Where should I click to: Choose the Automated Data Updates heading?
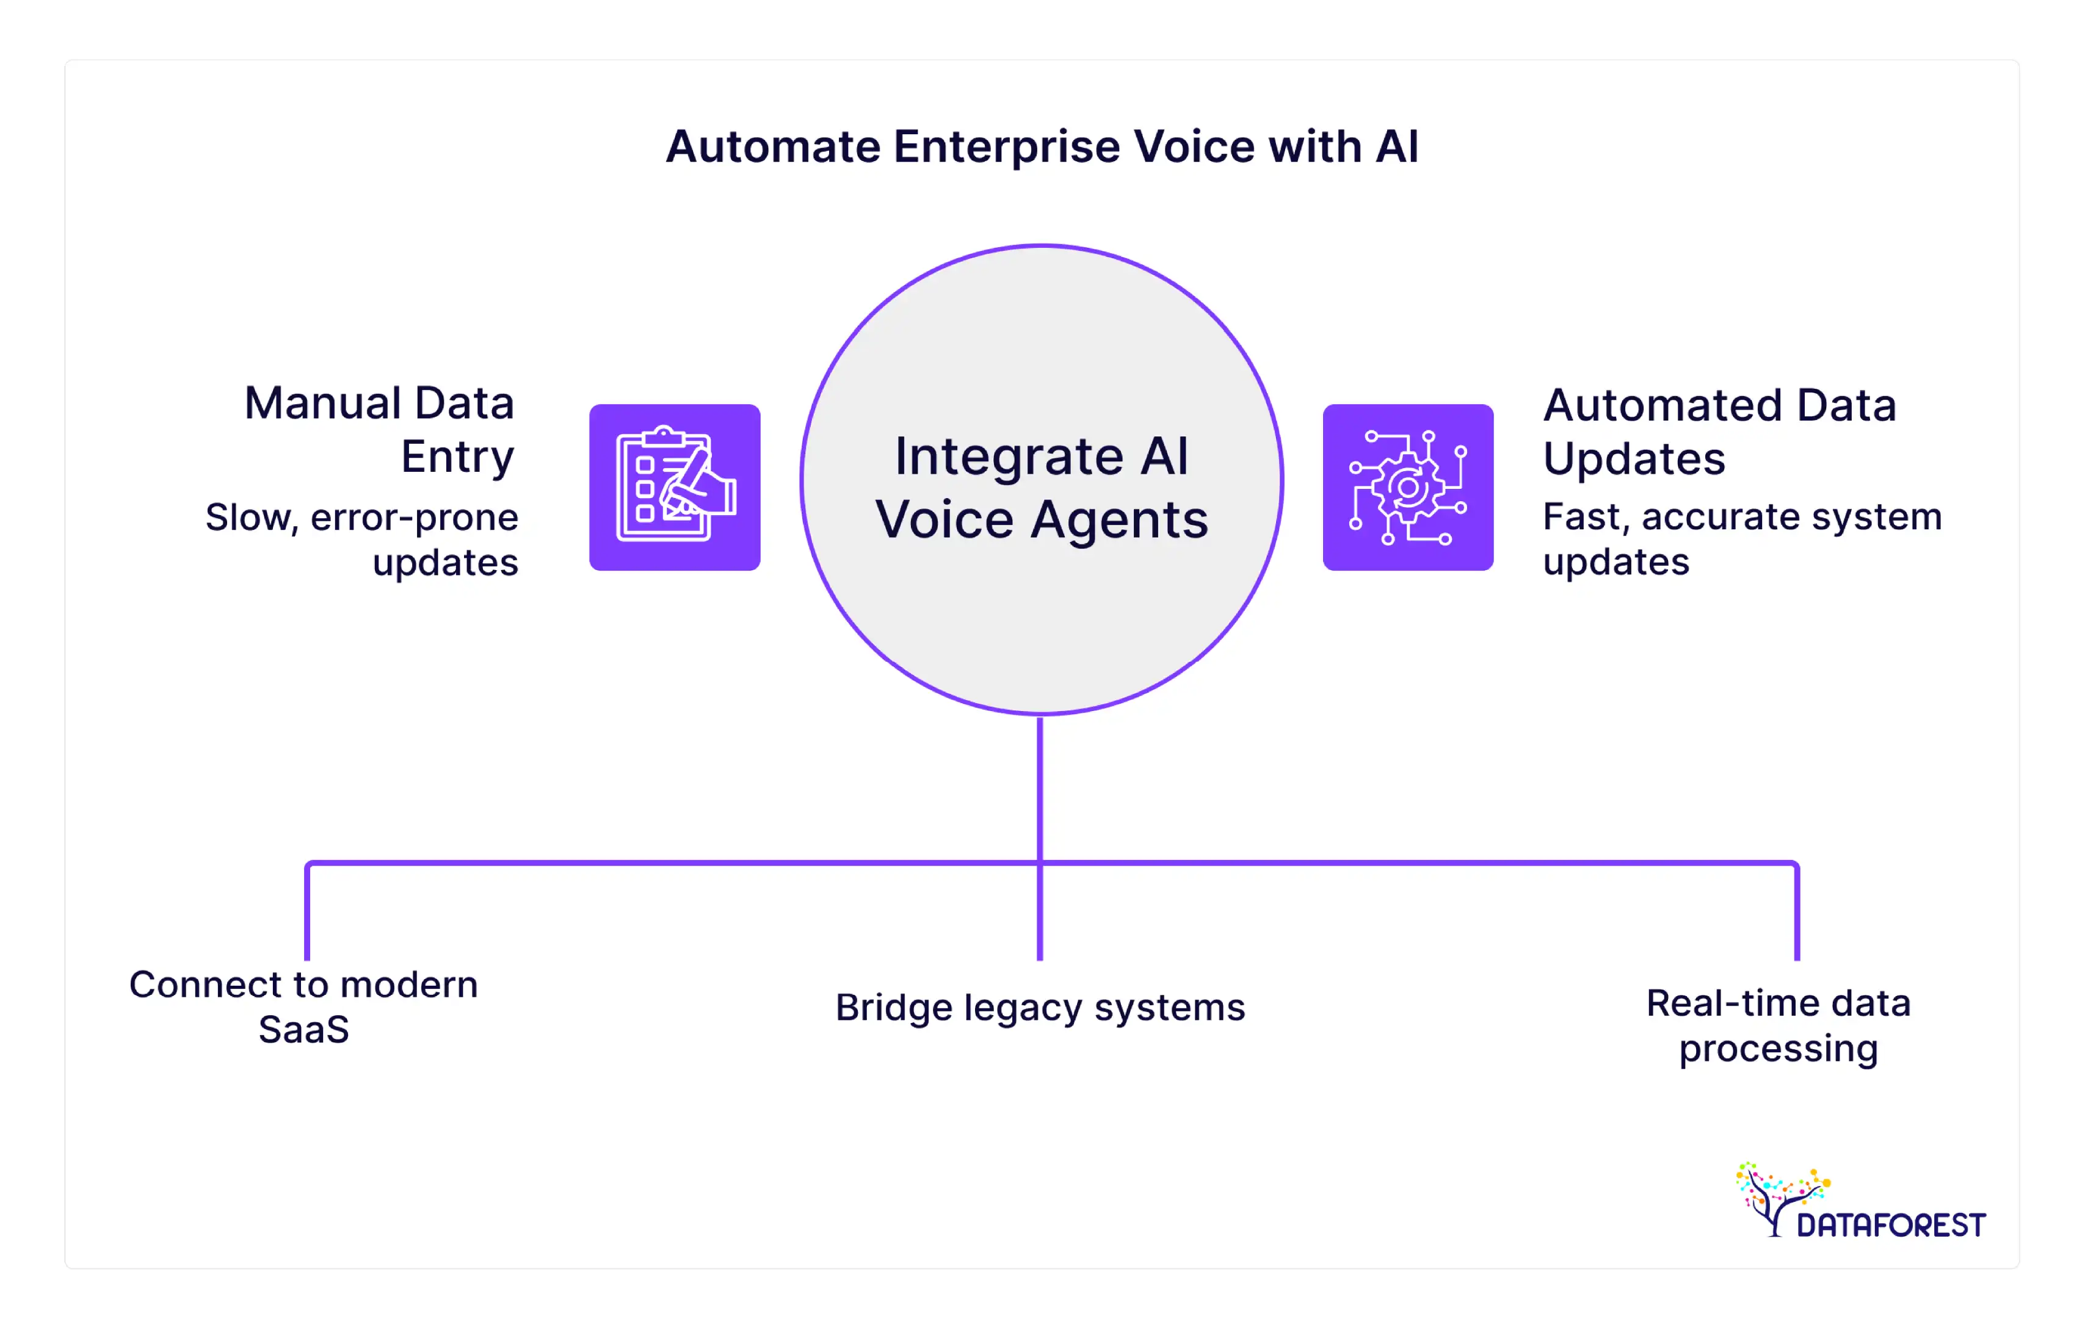[x=1719, y=431]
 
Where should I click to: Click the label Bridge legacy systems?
[x=1040, y=1007]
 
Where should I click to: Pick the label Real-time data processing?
[x=1778, y=1025]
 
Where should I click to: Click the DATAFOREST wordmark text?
[x=1890, y=1225]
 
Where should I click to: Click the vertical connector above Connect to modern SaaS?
[x=307, y=914]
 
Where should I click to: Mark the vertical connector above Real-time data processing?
[x=1797, y=914]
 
